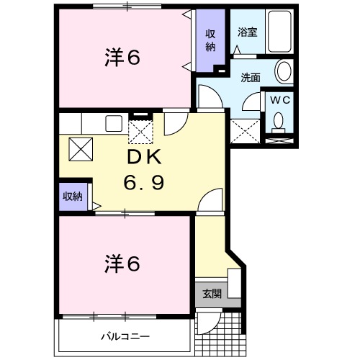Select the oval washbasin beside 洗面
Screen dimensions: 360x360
coord(284,71)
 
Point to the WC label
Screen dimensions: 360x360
coord(279,100)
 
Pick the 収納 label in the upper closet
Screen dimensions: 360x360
coord(211,40)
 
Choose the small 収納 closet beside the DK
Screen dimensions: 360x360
coord(71,196)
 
